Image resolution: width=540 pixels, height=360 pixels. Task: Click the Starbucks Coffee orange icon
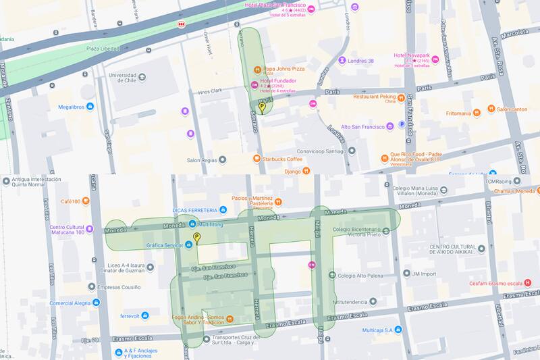click(x=256, y=158)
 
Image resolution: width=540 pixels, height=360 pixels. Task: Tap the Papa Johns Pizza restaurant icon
click(x=258, y=70)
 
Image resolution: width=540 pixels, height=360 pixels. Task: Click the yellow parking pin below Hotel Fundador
click(x=262, y=107)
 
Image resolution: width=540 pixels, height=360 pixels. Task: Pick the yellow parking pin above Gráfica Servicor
click(x=197, y=238)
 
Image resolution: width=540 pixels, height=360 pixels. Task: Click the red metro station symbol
click(x=180, y=24)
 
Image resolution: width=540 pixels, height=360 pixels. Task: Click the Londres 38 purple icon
click(x=342, y=60)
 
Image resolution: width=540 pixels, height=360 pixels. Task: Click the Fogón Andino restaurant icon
click(x=230, y=318)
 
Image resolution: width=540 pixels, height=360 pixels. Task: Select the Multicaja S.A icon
click(x=398, y=329)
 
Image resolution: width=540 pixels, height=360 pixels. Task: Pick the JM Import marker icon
click(x=405, y=274)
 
